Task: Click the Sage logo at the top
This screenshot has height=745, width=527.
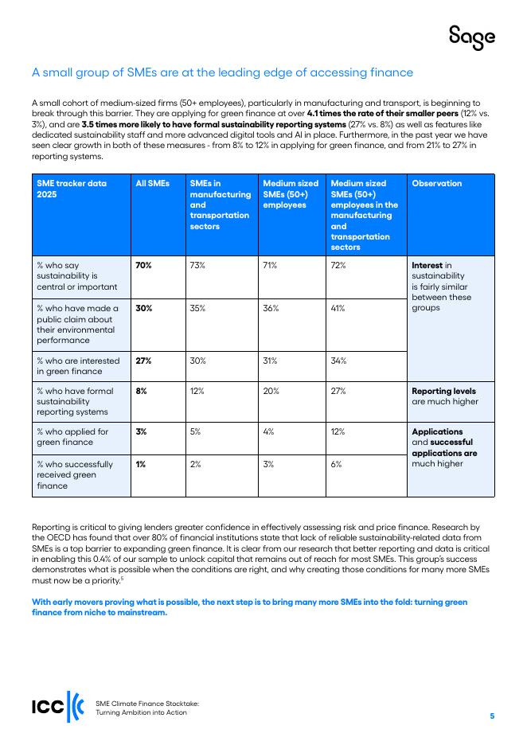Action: (471, 37)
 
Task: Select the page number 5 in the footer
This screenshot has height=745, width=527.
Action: (492, 716)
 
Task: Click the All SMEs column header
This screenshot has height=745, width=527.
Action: (153, 183)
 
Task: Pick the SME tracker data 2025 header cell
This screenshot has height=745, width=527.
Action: (72, 189)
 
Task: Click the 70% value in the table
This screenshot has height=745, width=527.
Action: (143, 266)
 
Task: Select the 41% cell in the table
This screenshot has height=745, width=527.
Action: (338, 308)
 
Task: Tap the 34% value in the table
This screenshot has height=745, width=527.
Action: (338, 361)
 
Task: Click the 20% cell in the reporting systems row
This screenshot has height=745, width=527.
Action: (271, 392)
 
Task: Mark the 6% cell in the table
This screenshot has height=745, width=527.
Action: (335, 464)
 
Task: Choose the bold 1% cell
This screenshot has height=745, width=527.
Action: (140, 464)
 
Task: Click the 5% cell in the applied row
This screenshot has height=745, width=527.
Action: (195, 432)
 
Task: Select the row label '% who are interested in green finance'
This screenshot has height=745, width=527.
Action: (77, 365)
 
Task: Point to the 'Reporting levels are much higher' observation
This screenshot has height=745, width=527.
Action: (444, 396)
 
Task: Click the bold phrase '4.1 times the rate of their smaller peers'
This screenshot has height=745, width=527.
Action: (382, 114)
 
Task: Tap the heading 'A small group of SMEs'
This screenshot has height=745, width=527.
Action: (222, 72)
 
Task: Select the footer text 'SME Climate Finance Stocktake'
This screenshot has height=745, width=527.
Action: (147, 704)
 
